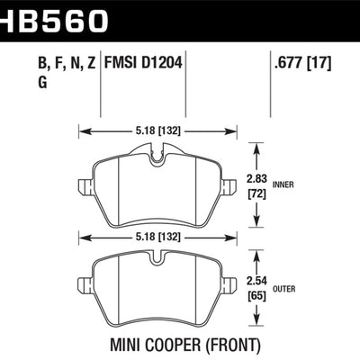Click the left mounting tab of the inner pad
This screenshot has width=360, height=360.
coord(85,189)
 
